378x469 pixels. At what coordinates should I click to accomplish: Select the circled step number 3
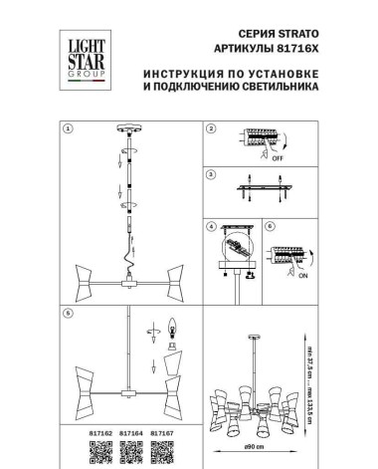point(210,176)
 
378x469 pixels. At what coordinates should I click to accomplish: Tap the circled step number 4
point(210,226)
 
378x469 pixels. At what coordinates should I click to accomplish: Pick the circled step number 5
point(68,315)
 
